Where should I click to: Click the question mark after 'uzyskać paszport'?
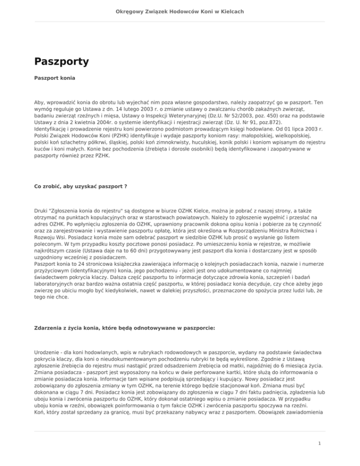tap(125, 186)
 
